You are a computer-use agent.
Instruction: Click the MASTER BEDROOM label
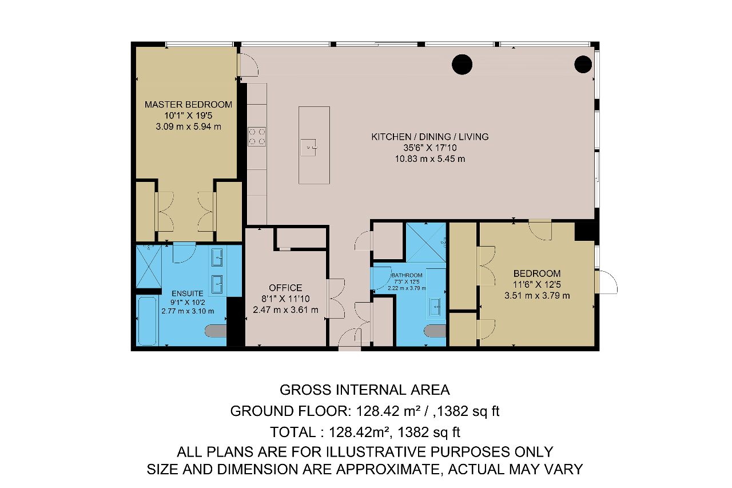pos(188,105)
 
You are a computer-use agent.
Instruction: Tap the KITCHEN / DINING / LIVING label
pos(429,137)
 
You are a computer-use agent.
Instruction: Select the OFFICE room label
pos(285,288)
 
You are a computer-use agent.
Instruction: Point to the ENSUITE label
pos(187,293)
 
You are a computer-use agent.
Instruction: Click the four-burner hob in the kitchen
pos(257,137)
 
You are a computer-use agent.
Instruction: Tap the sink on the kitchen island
pos(308,147)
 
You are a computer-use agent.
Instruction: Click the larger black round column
pos(462,65)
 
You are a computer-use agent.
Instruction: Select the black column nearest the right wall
pos(583,64)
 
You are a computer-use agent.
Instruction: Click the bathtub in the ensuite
pos(147,320)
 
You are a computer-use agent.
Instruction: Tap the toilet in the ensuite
pos(216,331)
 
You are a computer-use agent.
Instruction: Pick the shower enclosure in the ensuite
pos(149,267)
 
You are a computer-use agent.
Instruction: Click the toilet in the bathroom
pos(435,331)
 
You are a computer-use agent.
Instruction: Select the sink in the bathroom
pos(435,307)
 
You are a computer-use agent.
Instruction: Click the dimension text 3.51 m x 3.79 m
pos(537,295)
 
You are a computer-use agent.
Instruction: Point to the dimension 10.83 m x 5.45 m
pos(429,159)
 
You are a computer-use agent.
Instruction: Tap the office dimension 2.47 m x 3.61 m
pos(285,310)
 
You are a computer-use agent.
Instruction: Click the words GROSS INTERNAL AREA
pos(365,390)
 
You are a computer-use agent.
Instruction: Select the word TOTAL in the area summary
pos(293,432)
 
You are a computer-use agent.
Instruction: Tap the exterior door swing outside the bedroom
pos(606,282)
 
